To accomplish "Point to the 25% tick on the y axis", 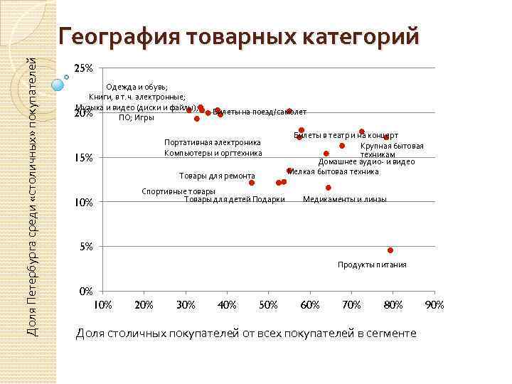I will (x=84, y=68).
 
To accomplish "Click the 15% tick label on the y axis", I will (x=84, y=158).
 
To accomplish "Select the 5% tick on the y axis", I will (x=85, y=247).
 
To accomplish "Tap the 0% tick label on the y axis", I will (x=85, y=292).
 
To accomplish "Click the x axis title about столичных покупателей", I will (x=246, y=334).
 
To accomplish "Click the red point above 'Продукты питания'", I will (x=390, y=250).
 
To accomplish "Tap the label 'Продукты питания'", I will (x=372, y=265).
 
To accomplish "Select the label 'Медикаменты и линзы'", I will (x=344, y=199).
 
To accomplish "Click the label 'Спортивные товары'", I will (x=178, y=191).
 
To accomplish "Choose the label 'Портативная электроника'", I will (x=212, y=142).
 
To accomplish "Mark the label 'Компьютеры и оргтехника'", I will (x=213, y=153).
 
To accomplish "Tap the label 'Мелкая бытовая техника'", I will (x=333, y=171).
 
